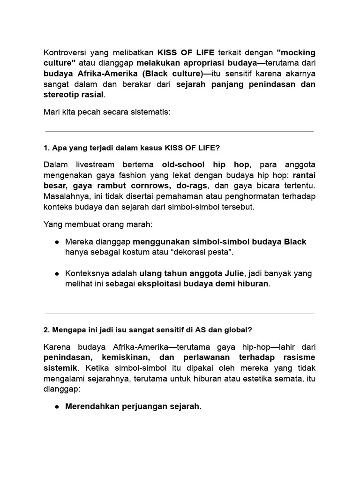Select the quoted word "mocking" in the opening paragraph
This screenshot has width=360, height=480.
(296, 52)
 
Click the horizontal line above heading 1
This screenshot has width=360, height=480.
(180, 131)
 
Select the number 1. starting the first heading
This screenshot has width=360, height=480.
(46, 148)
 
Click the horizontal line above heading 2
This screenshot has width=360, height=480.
(180, 314)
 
